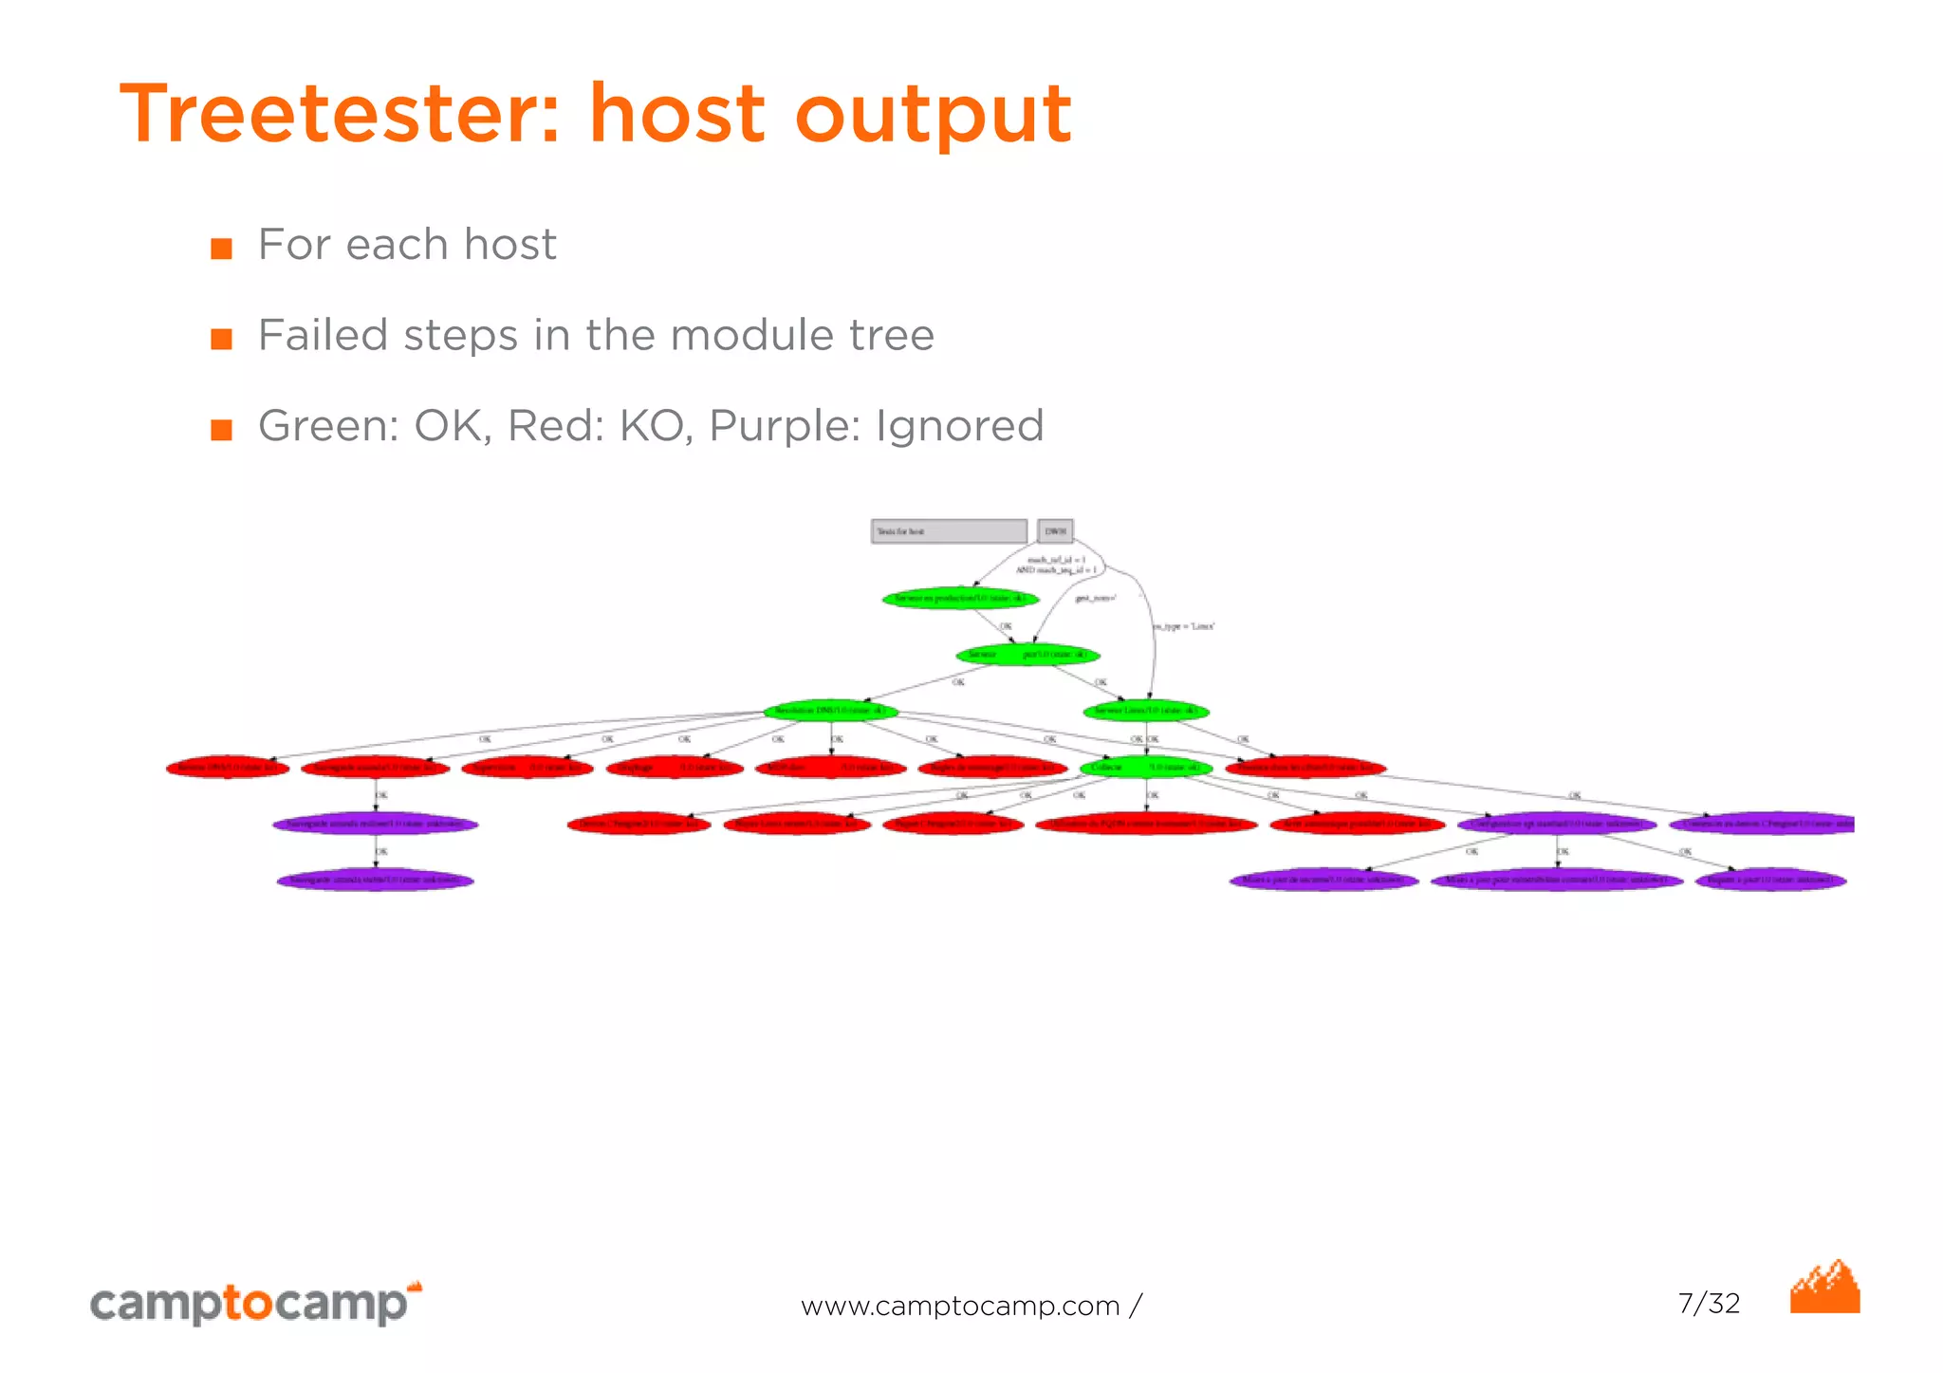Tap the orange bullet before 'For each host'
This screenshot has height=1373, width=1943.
coord(221,249)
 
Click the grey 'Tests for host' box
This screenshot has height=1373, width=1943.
coord(948,531)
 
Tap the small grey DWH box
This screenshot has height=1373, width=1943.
coord(1055,531)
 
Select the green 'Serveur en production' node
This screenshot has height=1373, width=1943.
coord(960,599)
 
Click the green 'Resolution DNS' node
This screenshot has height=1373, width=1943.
coord(830,711)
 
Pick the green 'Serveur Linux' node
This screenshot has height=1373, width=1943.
coord(1146,711)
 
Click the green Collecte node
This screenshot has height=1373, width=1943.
coord(1146,767)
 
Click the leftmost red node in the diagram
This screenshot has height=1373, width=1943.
coord(228,768)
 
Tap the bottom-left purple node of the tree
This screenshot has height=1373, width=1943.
coord(376,881)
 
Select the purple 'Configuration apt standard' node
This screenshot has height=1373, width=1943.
coord(1557,824)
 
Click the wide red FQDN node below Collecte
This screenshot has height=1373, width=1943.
coord(1146,824)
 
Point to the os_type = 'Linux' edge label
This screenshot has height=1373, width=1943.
coord(1184,626)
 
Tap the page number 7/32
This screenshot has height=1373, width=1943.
coord(1709,1303)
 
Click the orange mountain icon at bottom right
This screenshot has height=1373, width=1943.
coord(1824,1289)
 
